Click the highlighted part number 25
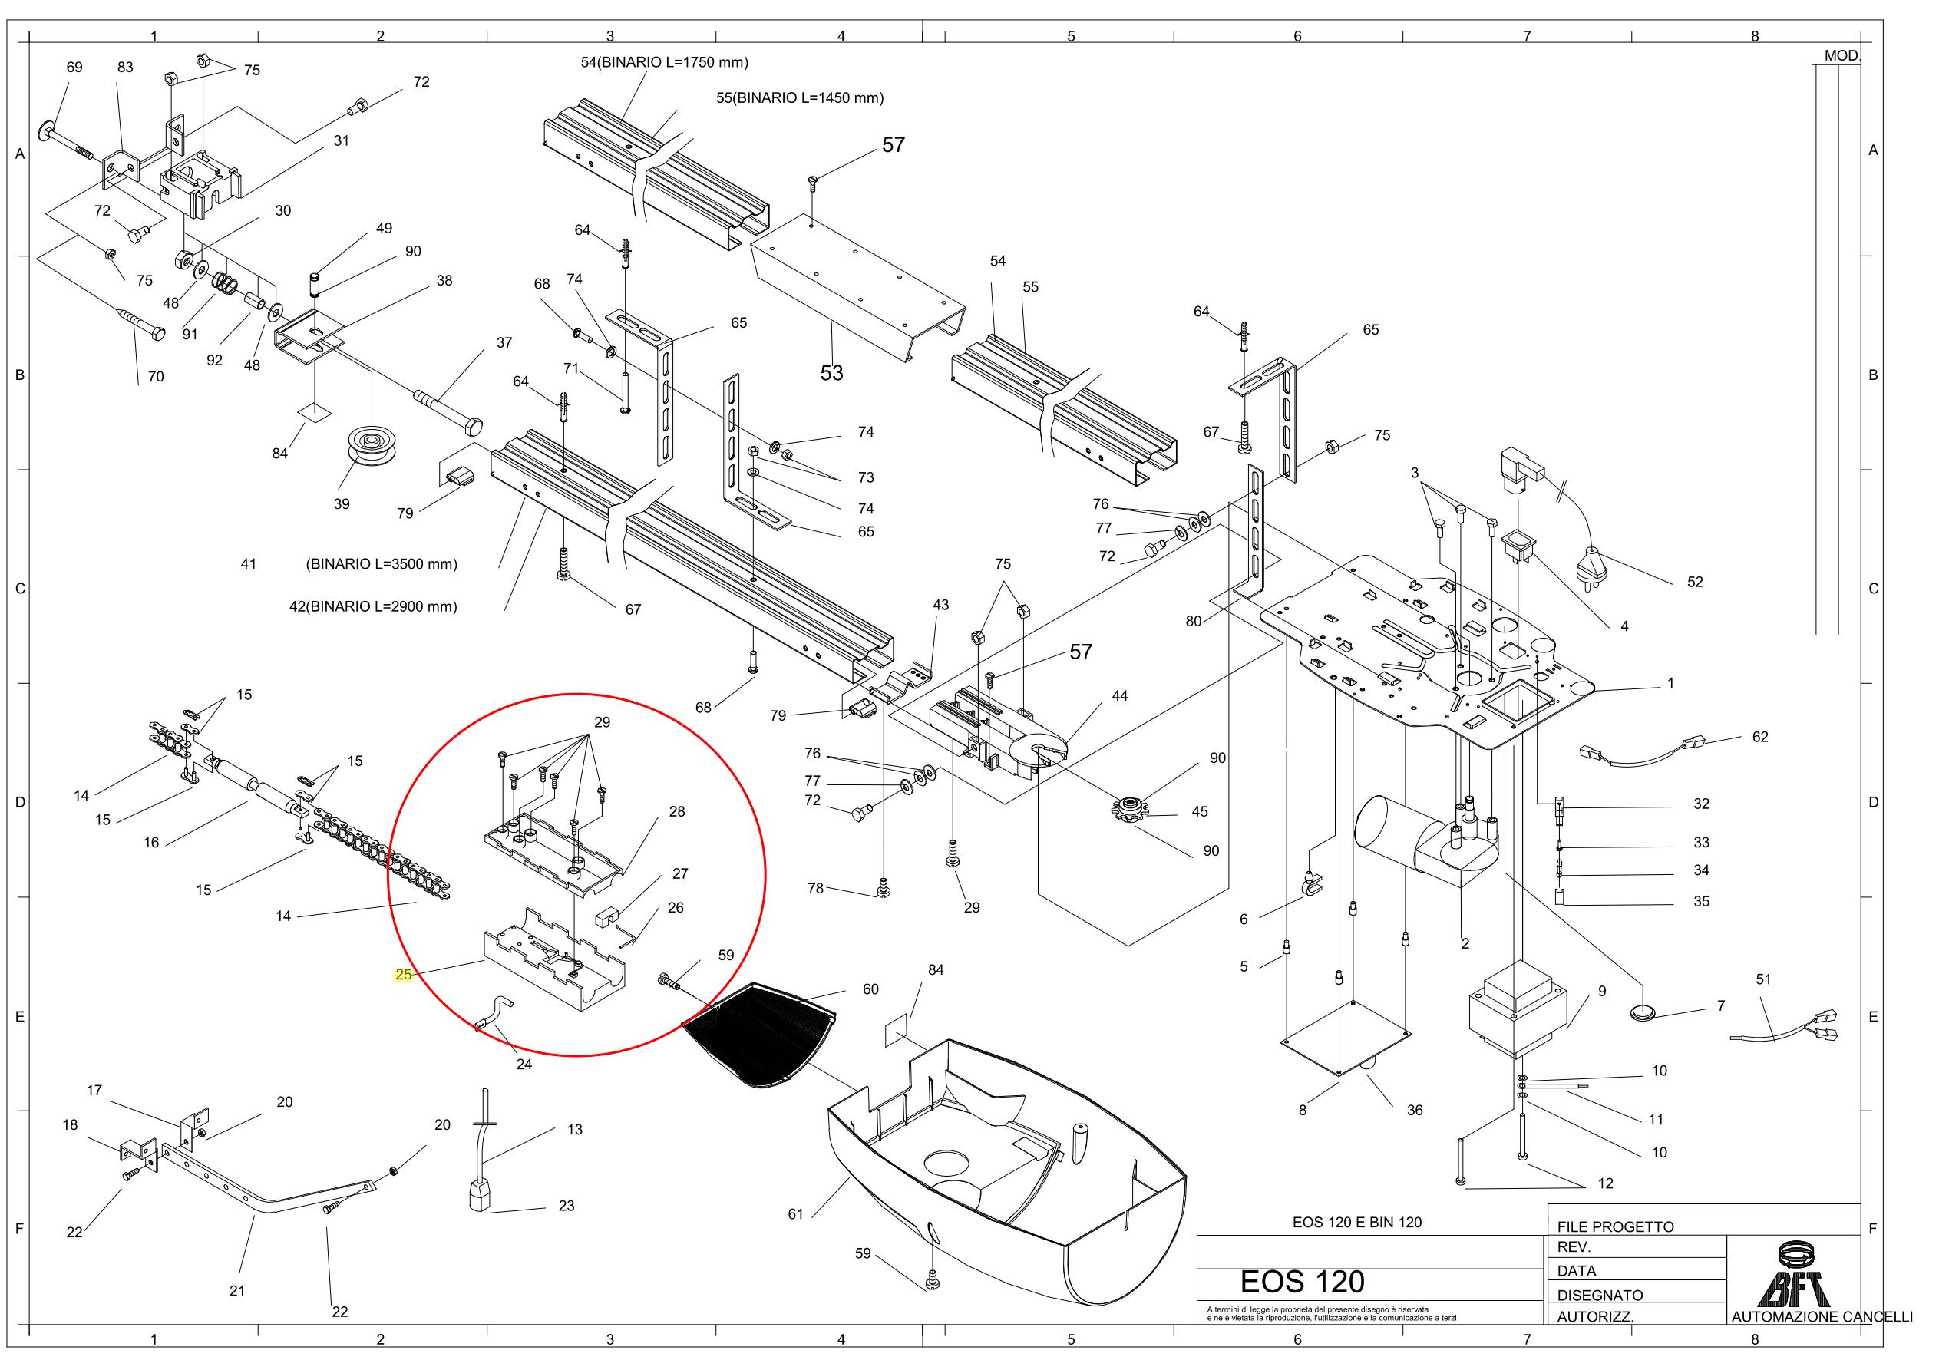pos(404,974)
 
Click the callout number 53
pos(831,372)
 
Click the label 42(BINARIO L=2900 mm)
pos(372,606)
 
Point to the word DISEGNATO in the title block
pos(1600,1295)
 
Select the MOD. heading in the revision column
pos(1841,56)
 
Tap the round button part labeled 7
pos(1643,1010)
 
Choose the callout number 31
pos(341,140)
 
